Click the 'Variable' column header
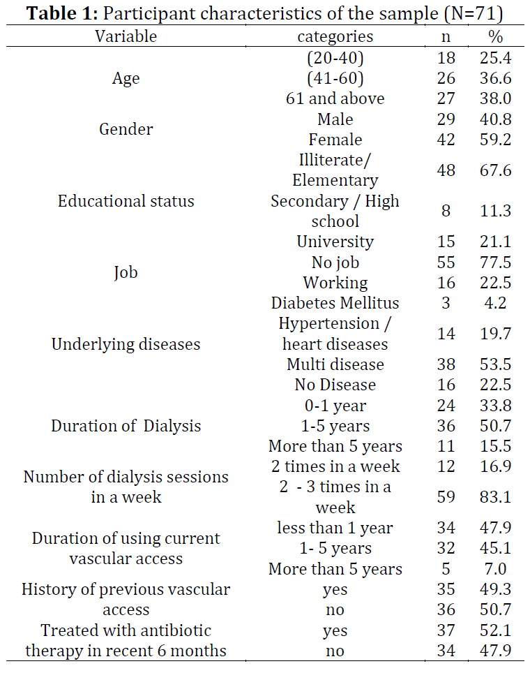(126, 36)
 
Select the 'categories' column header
(335, 37)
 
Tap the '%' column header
(495, 36)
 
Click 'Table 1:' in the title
(63, 13)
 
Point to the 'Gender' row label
(126, 129)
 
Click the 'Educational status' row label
(126, 201)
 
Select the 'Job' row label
(126, 272)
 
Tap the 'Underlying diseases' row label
(126, 344)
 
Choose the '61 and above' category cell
(335, 98)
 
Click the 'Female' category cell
(335, 140)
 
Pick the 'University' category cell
(335, 242)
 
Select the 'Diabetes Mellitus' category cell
(335, 303)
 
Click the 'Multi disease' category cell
(335, 364)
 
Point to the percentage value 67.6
(495, 170)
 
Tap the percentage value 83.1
(495, 497)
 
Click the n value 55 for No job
(446, 262)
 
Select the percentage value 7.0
(495, 569)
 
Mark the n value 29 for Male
(446, 119)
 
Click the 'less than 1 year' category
(335, 528)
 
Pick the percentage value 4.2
(495, 303)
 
